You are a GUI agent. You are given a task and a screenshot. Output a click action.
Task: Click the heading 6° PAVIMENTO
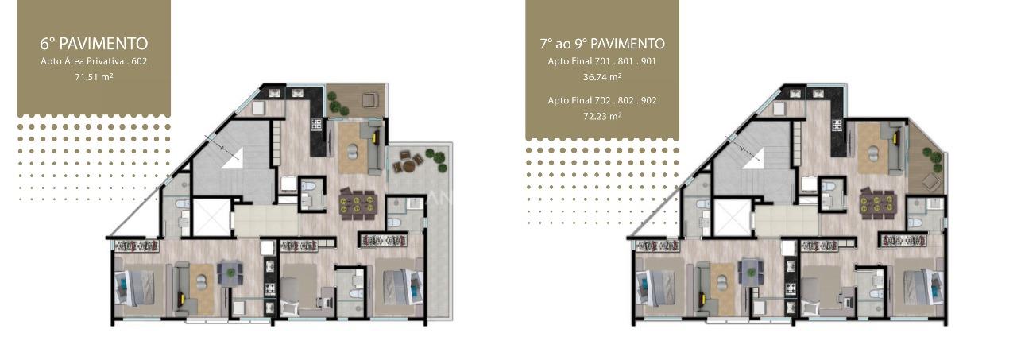[x=94, y=44]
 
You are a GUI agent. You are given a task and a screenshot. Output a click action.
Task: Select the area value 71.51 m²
[x=94, y=77]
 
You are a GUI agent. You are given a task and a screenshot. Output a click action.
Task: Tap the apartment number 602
[x=139, y=61]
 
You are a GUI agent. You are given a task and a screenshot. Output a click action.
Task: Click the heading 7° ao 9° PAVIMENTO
[x=602, y=44]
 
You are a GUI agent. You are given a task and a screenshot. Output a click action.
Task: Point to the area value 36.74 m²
[x=602, y=77]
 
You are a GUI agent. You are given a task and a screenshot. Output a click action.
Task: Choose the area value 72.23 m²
[x=602, y=116]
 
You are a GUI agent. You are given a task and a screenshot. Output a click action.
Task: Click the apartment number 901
[x=648, y=61]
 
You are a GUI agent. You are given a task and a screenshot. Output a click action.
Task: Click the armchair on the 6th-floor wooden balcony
[x=369, y=100]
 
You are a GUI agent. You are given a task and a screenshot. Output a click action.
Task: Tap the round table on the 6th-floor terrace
[x=408, y=166]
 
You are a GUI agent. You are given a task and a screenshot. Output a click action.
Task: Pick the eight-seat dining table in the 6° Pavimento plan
[x=358, y=203]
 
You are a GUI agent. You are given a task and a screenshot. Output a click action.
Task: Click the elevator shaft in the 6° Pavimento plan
[x=212, y=217]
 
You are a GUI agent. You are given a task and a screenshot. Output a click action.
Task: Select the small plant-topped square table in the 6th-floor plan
[x=231, y=273]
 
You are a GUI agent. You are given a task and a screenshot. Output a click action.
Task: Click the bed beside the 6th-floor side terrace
[x=402, y=287]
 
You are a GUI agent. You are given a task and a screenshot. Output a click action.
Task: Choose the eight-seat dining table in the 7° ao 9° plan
[x=879, y=203]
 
